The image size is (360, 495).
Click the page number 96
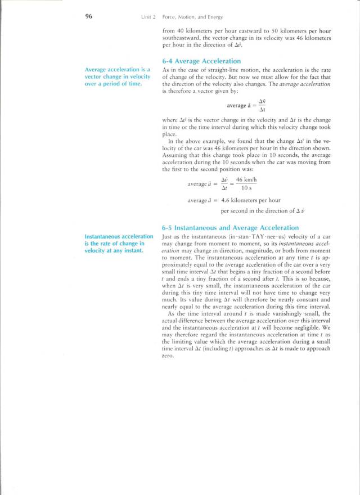pyautogui.click(x=89, y=17)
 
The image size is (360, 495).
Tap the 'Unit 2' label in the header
pyautogui.click(x=148, y=17)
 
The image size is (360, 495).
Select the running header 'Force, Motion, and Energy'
pyautogui.click(x=190, y=17)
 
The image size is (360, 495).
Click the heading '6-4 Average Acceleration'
pyautogui.click(x=201, y=61)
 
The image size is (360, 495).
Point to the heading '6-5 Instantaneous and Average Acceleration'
pyautogui.click(x=230, y=228)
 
